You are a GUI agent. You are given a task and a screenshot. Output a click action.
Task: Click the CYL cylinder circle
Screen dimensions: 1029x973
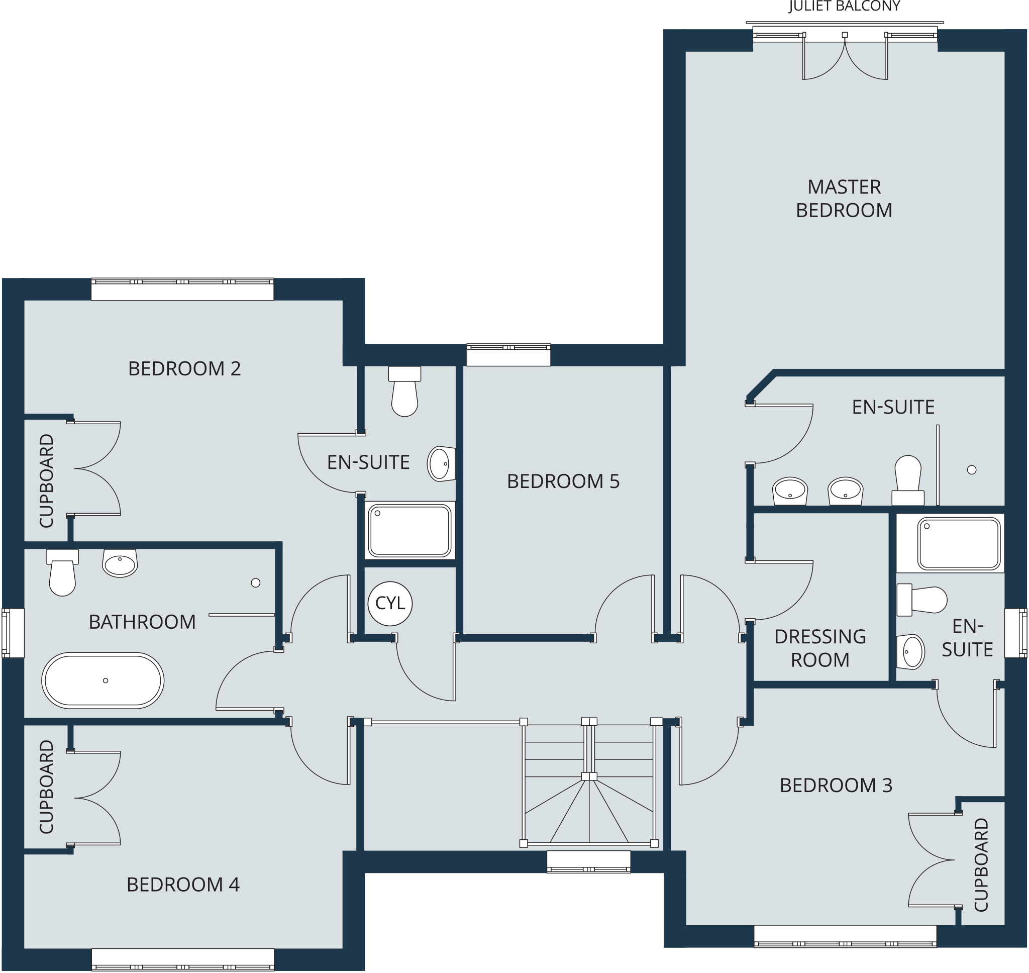coord(390,604)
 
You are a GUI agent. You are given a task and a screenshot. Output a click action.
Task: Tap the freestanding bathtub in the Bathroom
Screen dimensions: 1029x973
coord(102,680)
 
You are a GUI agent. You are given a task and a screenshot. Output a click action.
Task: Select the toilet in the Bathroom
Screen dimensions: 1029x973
coord(62,572)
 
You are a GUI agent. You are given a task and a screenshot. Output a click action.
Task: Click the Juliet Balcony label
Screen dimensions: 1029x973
coord(845,6)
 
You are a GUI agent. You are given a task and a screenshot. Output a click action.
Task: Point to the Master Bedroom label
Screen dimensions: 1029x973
coord(844,199)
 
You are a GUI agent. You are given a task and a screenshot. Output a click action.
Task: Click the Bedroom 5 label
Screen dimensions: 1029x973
coord(563,481)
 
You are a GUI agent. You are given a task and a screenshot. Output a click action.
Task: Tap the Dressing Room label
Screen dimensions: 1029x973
coord(820,648)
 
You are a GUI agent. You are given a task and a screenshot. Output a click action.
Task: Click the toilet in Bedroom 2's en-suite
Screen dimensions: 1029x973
coord(404,392)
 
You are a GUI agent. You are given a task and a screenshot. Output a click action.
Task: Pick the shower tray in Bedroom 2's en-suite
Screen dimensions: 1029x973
coord(409,531)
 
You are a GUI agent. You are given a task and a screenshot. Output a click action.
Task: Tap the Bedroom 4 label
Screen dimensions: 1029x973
coord(183,885)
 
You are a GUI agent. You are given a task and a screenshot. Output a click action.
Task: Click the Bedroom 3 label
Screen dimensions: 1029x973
coord(836,785)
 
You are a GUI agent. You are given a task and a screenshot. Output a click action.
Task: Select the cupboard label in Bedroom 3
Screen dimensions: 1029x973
coord(981,864)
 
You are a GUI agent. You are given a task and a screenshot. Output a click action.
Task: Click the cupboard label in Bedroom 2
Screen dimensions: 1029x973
coord(46,481)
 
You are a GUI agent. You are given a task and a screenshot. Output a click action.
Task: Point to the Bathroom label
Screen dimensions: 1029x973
coord(142,622)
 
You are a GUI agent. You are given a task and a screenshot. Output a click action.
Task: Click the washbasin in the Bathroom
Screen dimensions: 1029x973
coord(120,563)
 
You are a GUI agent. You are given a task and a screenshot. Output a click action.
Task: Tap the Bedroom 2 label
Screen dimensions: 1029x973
coord(184,369)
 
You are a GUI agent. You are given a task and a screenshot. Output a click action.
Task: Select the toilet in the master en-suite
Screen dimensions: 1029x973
coord(908,480)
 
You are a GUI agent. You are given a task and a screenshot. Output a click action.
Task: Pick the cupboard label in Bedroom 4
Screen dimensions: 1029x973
coord(46,787)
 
